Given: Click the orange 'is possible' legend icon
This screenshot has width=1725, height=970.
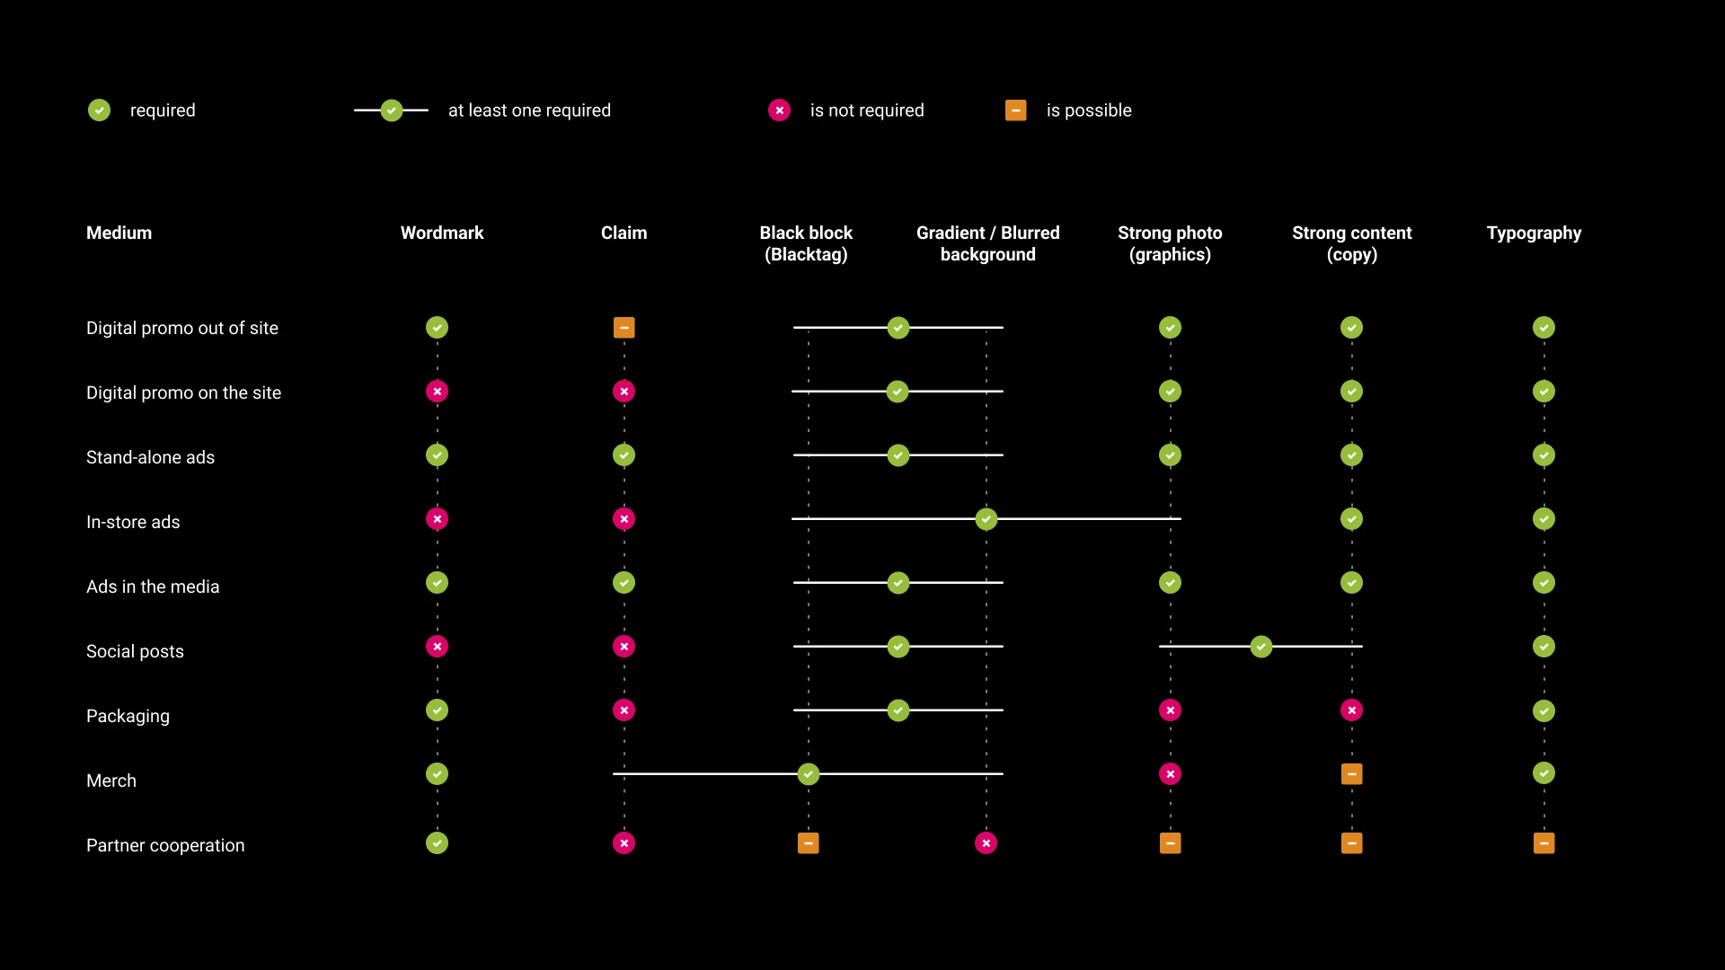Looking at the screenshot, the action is coord(1015,110).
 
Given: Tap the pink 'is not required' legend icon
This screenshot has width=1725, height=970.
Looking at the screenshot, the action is coord(779,110).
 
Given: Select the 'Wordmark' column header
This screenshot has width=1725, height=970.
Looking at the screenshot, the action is coord(442,233).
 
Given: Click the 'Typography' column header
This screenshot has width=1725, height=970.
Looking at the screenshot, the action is coord(1534,234).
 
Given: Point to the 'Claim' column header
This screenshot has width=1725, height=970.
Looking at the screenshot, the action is coord(624,233).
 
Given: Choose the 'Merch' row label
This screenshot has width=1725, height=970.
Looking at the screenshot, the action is coord(111,780).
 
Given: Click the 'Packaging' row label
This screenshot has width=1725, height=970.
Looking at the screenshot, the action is coord(128,717).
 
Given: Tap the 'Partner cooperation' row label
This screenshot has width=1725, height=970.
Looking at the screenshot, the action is coord(165,846).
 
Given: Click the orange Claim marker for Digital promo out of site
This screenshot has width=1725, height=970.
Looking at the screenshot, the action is coord(624,328).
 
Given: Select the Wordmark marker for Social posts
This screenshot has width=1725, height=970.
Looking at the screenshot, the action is coord(437,647).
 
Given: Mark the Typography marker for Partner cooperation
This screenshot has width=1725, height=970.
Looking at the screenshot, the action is coord(1544,843).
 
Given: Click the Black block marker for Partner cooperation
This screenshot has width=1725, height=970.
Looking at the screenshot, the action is coord(808,843).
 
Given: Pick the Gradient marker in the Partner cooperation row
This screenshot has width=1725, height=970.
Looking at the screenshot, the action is coord(986,843).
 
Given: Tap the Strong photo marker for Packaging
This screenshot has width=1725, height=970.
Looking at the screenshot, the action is coord(1170,710).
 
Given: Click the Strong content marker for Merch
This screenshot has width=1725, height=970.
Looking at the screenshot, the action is coord(1351,774).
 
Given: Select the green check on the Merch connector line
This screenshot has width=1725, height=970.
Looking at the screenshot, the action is coord(808,774).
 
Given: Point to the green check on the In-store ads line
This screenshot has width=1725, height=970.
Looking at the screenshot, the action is coord(986,519).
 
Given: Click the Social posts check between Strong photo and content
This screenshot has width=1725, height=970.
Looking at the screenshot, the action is coord(1261,647).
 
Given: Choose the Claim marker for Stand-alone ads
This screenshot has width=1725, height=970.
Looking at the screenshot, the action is coord(624,455).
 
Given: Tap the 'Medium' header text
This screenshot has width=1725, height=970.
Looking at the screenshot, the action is coord(119,233).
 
